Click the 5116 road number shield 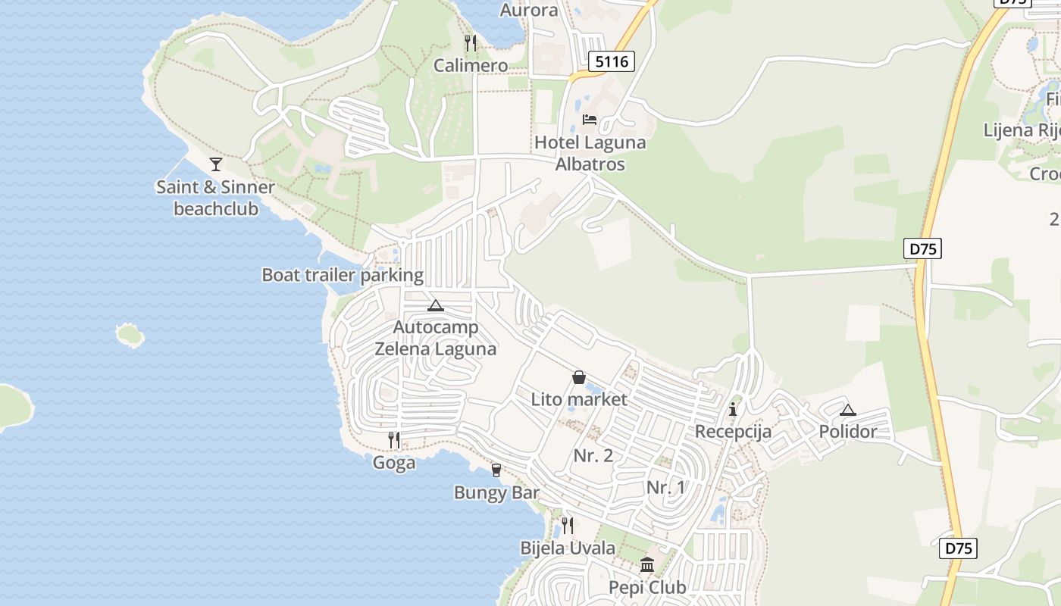pos(612,61)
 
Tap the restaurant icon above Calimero pos(471,42)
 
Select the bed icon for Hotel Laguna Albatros pos(590,120)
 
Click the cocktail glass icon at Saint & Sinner pos(216,164)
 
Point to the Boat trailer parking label pos(343,275)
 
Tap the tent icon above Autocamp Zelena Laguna pos(435,306)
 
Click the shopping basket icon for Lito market pos(579,377)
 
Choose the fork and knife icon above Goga pos(394,440)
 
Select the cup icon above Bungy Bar pos(496,470)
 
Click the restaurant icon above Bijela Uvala pos(567,525)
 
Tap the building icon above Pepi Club pos(647,565)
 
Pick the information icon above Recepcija pos(733,410)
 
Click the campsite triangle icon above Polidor pos(848,411)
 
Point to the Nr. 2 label pos(593,456)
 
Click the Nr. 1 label pos(666,488)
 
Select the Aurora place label pos(529,11)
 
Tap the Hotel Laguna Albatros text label pos(590,153)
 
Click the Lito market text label pos(579,399)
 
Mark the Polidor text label pos(848,432)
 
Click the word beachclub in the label pos(216,208)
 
